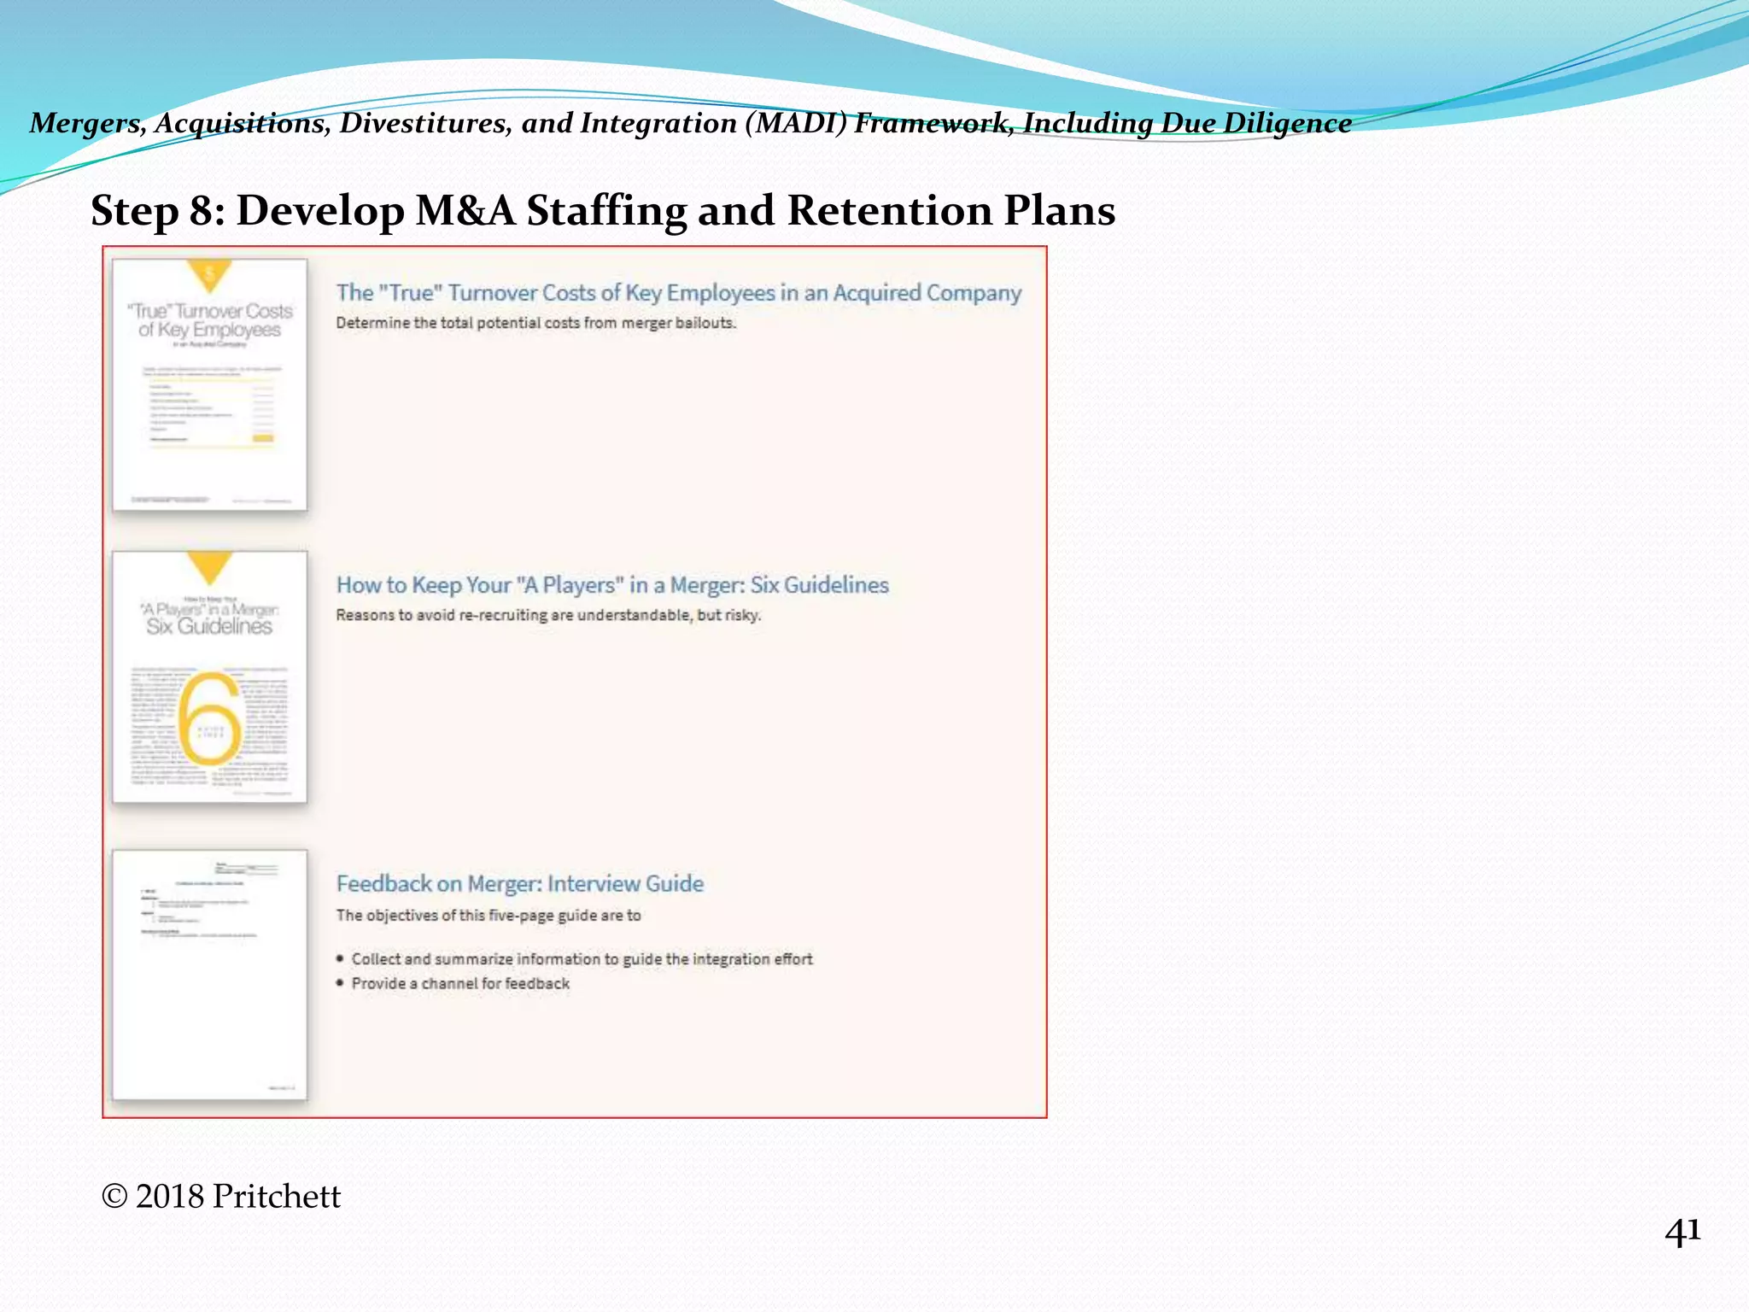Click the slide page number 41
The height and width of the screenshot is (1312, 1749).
[x=1682, y=1233]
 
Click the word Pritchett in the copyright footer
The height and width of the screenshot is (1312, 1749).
[x=276, y=1197]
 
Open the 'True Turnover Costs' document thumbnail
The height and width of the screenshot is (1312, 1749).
[x=210, y=385]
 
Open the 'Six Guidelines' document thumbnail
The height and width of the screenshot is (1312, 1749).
[x=210, y=676]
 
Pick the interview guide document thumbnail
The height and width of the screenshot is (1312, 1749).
[x=210, y=975]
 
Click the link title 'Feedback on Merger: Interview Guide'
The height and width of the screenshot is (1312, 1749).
[x=519, y=884]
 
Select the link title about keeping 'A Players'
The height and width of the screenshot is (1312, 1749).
[x=612, y=585]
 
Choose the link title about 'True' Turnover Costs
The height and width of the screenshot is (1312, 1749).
[x=678, y=293]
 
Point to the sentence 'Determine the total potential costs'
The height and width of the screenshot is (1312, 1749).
[x=535, y=323]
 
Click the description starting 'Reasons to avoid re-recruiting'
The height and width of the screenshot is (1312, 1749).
[x=548, y=615]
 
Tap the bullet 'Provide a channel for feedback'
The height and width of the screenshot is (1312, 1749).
[x=460, y=984]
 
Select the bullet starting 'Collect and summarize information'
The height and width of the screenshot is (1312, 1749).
[x=582, y=959]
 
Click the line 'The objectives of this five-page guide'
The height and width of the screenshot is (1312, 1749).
[x=488, y=916]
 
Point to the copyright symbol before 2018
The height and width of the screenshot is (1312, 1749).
[x=114, y=1197]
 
